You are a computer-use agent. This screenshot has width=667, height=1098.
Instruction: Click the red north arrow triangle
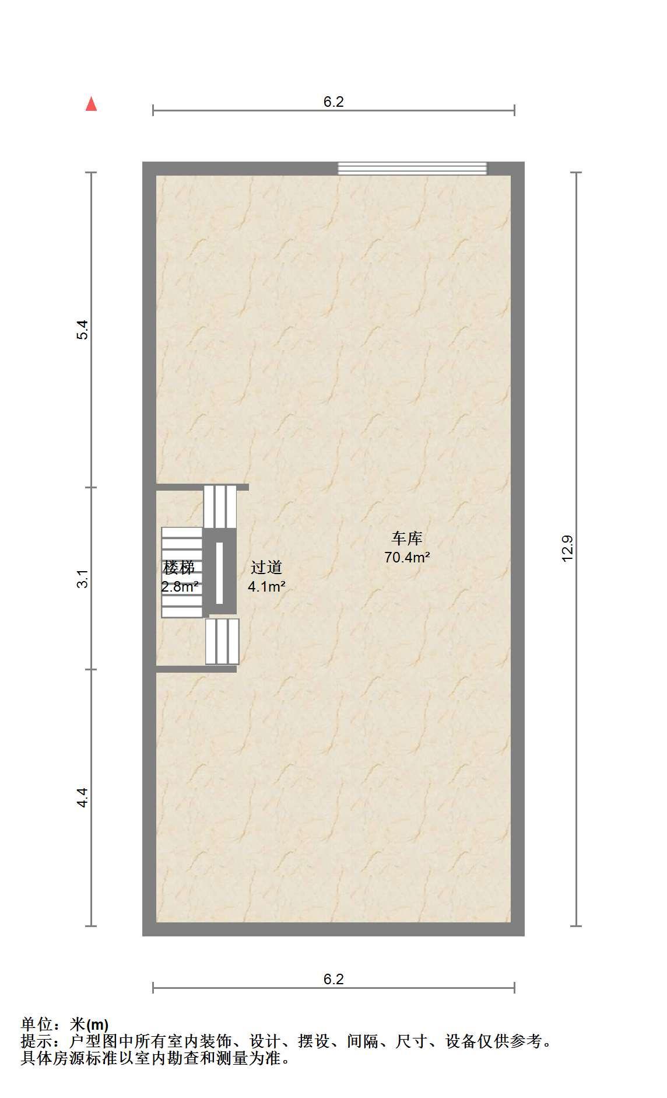coord(91,104)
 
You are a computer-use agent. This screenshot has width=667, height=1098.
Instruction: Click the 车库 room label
coord(407,538)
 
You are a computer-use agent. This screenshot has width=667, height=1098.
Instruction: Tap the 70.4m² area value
coord(407,557)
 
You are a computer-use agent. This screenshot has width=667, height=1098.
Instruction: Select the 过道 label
coord(266,567)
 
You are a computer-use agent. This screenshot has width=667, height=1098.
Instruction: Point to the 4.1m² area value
coord(266,586)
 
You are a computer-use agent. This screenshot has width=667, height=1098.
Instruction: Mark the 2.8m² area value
coord(180,586)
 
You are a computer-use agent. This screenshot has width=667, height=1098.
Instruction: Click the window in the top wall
coord(413,168)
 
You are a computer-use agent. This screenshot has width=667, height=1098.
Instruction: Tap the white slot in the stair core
coord(220,573)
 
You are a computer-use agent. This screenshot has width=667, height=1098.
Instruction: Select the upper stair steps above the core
coord(220,506)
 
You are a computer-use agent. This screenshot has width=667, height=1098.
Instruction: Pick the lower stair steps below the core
coord(222,641)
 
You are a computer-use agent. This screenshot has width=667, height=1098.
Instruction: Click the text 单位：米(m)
coord(65,1024)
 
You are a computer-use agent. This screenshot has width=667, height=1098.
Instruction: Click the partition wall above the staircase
coord(202,487)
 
